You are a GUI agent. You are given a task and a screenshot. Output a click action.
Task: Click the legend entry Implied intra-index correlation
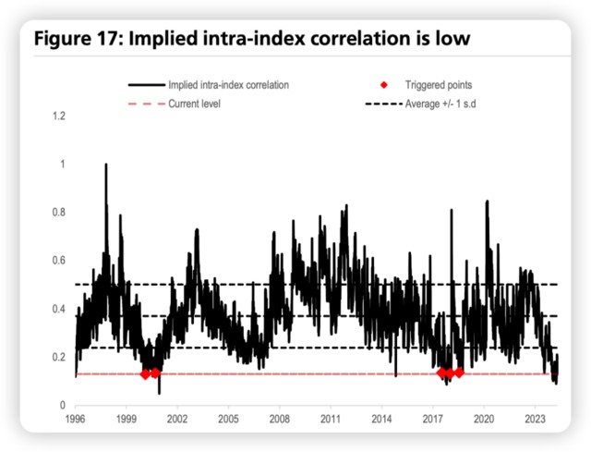[x=229, y=84]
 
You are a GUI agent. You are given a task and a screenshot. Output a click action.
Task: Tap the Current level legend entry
[x=195, y=103]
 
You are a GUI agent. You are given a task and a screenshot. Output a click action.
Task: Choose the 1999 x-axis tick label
[x=127, y=420]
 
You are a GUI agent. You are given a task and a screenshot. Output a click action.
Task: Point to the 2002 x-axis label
[x=177, y=420]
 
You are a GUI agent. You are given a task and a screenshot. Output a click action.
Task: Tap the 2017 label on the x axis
[x=433, y=420]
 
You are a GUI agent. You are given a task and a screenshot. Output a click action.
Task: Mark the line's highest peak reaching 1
[x=105, y=165]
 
